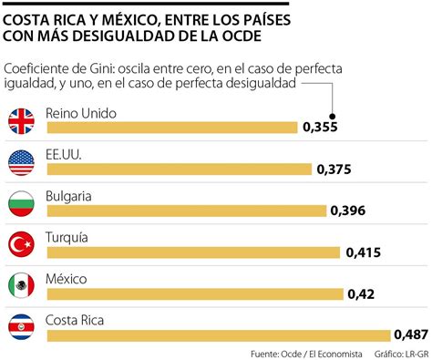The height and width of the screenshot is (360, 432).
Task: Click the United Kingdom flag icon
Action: [x=21, y=120]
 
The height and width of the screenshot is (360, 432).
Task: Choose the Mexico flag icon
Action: [x=21, y=286]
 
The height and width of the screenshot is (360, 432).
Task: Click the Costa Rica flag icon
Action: [x=21, y=328]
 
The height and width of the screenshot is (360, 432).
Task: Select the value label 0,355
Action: [x=321, y=128]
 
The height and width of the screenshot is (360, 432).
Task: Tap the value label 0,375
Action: [x=334, y=170]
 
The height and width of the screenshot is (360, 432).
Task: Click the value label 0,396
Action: [x=348, y=211]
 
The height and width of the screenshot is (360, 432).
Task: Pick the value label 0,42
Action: [x=362, y=293]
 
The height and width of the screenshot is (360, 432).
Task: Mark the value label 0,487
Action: [x=411, y=334]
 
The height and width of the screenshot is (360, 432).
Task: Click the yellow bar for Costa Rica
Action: [x=219, y=335]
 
